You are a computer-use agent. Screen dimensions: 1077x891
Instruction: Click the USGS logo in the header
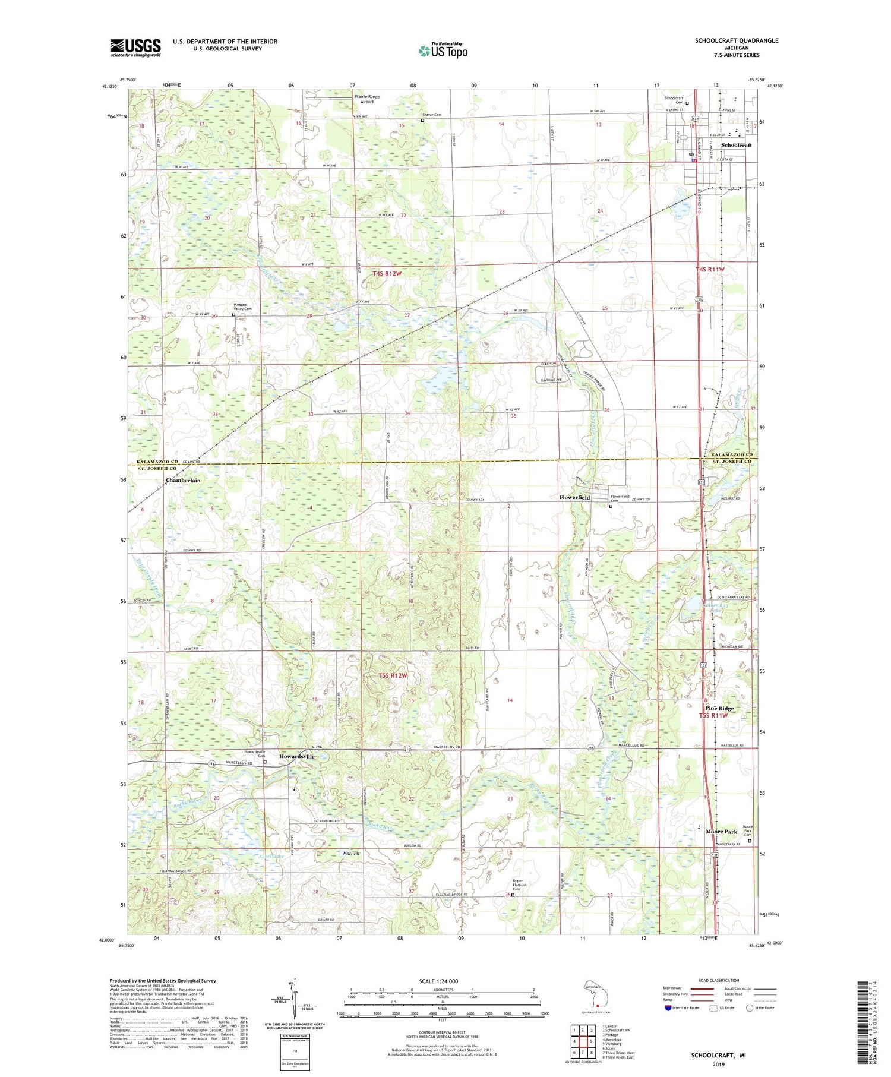point(135,48)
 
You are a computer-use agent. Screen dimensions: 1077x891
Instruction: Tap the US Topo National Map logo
point(443,50)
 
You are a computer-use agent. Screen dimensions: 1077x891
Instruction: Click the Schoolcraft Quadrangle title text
point(737,40)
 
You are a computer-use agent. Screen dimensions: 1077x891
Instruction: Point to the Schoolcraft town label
point(736,145)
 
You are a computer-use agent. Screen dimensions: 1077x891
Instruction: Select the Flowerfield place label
point(574,497)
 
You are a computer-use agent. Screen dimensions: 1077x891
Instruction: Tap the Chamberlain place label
point(183,480)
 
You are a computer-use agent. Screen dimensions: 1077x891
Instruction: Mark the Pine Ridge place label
point(719,708)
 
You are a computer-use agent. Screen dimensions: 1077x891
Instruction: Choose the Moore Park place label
point(721,832)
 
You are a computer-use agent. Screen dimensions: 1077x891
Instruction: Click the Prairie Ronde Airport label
point(367,99)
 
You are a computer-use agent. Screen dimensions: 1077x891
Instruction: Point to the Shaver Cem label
point(432,115)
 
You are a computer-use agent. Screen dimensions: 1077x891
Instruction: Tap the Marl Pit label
point(352,853)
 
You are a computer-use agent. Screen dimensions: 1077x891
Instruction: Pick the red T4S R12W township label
point(387,273)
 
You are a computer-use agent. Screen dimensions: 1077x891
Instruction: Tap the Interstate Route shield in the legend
point(668,1008)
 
